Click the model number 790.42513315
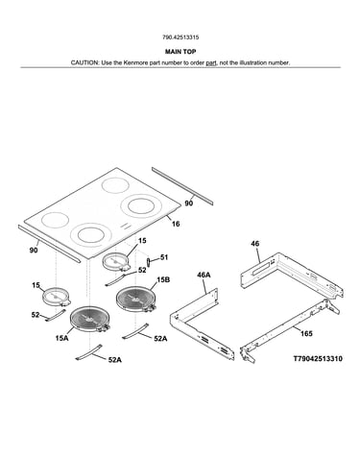(x=180, y=37)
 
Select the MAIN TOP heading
(x=180, y=52)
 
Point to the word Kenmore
(x=135, y=62)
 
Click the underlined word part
(x=211, y=63)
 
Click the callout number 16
(x=176, y=224)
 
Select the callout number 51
(x=164, y=257)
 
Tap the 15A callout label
(x=61, y=338)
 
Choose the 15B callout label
(x=163, y=280)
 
